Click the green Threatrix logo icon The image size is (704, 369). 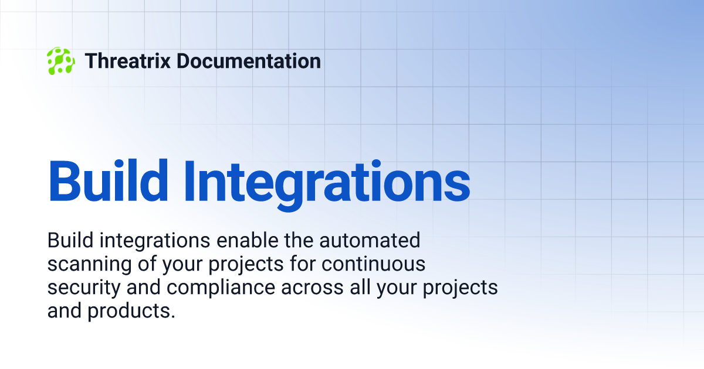point(61,61)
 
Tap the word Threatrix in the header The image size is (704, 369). point(128,61)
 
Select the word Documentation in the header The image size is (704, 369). point(249,61)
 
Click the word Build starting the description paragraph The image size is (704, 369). point(70,240)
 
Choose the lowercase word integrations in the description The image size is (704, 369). point(155,241)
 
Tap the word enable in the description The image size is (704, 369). point(248,240)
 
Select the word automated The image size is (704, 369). point(370,240)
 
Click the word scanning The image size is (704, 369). point(90,265)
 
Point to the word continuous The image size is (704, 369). point(373,264)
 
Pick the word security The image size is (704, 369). point(84,289)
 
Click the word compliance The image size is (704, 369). point(221,289)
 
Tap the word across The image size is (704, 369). point(312,288)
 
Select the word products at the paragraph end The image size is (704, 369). point(131,312)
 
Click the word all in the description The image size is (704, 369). point(360,287)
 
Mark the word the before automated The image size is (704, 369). point(299,240)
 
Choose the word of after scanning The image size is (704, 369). point(147,264)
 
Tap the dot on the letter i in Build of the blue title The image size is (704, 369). point(119,163)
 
